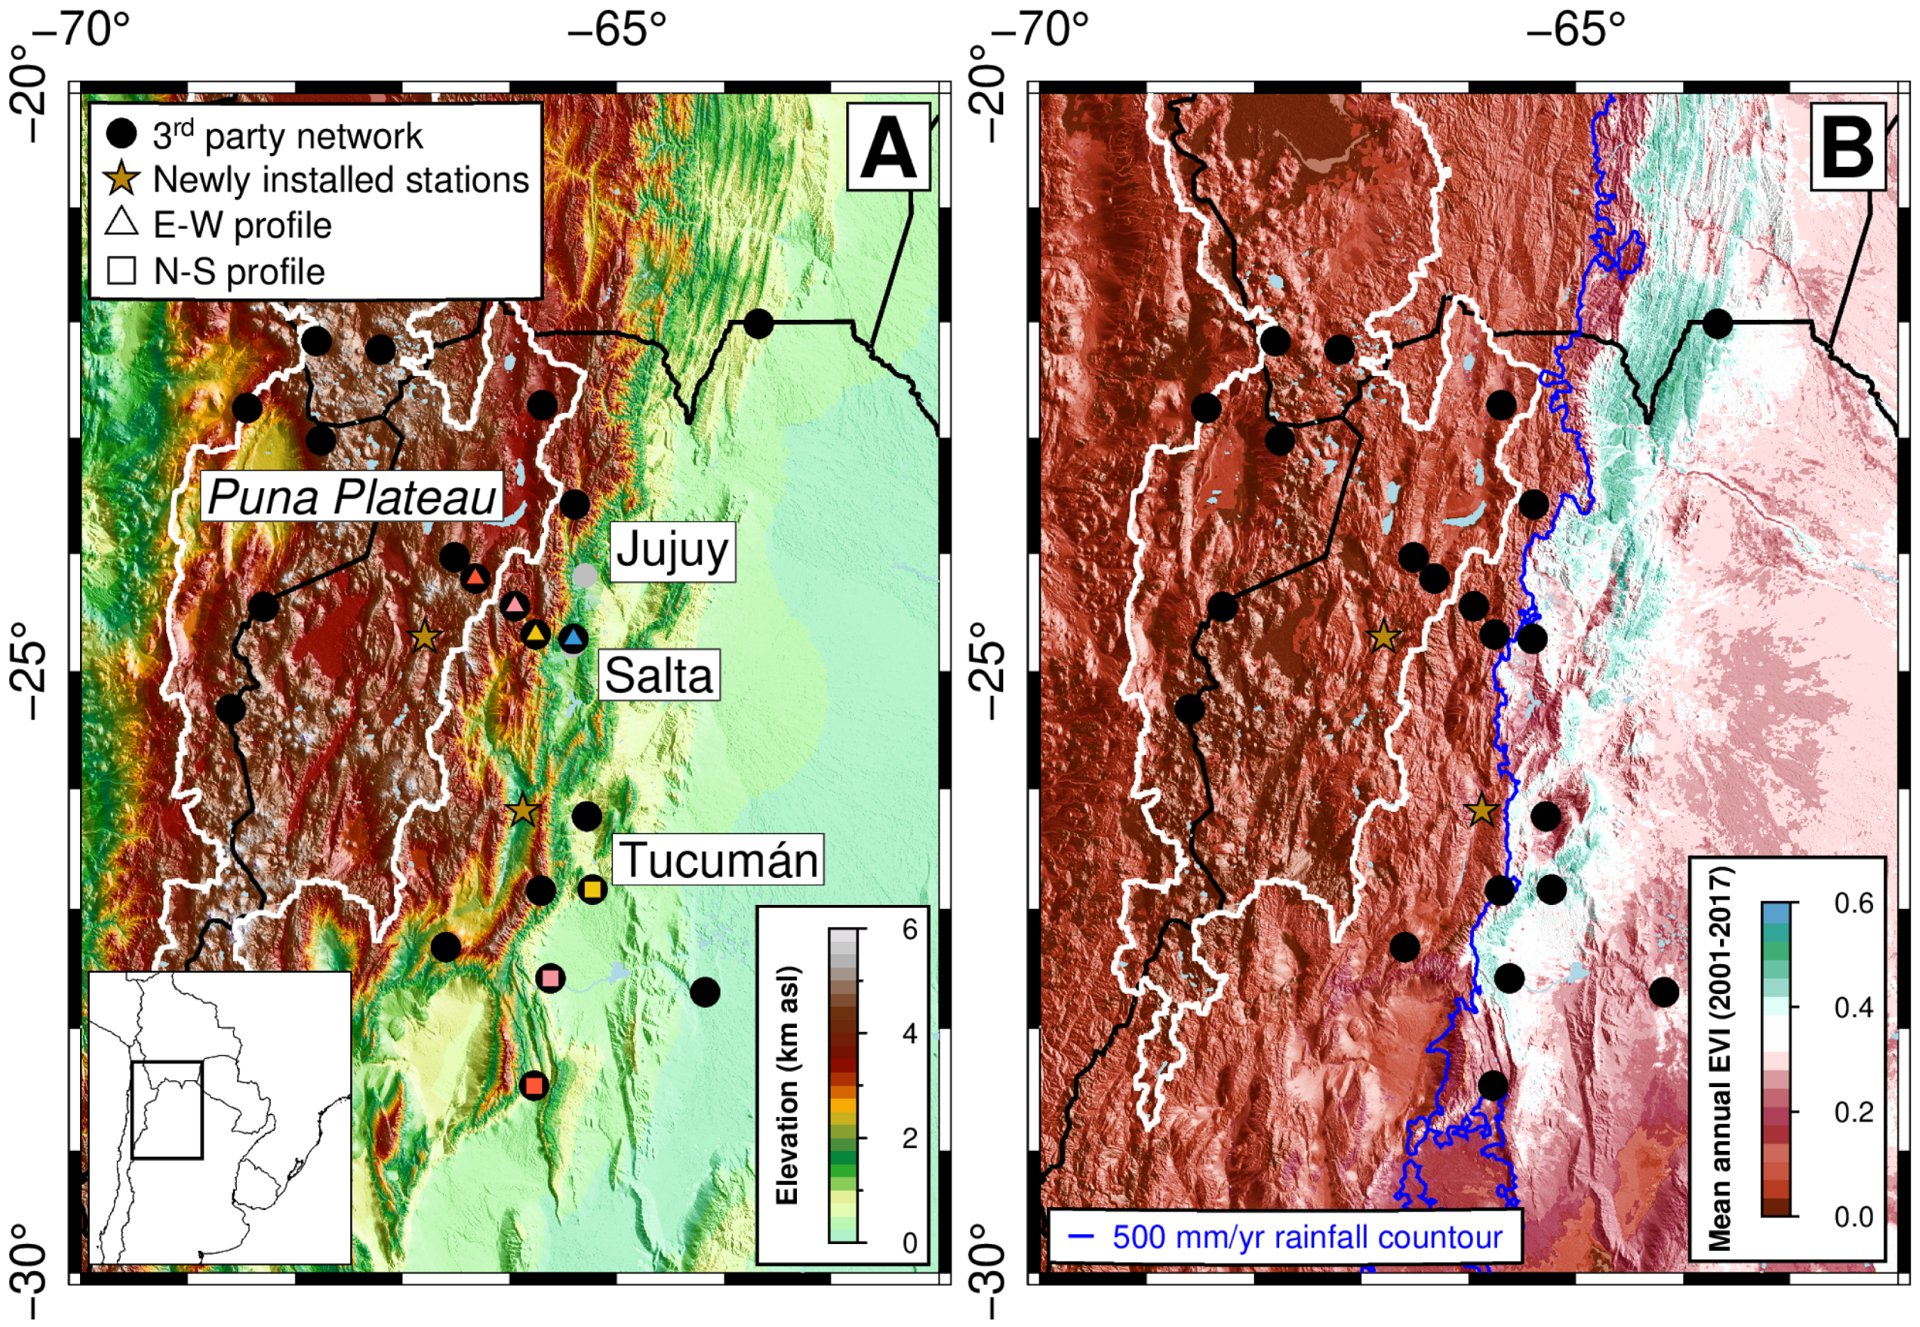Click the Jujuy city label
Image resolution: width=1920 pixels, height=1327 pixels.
(x=672, y=550)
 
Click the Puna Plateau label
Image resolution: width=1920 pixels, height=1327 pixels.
(x=351, y=497)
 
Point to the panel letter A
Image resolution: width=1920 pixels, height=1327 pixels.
(x=888, y=148)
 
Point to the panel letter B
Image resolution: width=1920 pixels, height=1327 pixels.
(x=1847, y=148)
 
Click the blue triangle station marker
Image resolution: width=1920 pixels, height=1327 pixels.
(x=573, y=637)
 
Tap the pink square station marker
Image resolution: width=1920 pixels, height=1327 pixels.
(x=550, y=978)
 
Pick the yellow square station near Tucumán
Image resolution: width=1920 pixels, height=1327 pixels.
(x=592, y=890)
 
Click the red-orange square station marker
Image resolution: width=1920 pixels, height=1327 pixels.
(x=534, y=1085)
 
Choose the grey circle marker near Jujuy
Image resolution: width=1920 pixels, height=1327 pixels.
(x=585, y=574)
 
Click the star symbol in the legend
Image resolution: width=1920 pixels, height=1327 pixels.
(x=122, y=179)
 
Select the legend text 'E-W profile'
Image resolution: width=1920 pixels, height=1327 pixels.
(x=242, y=225)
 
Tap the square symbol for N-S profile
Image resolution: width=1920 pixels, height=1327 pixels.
(x=122, y=271)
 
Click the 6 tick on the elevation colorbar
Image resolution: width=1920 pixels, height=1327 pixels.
(x=910, y=930)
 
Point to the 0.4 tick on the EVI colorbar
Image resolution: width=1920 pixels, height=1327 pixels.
(x=1853, y=1008)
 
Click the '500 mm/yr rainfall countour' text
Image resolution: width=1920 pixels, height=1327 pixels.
(x=1307, y=1237)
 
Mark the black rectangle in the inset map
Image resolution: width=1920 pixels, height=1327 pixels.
(x=166, y=1109)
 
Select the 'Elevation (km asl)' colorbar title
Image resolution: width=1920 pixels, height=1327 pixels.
(x=786, y=1084)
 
